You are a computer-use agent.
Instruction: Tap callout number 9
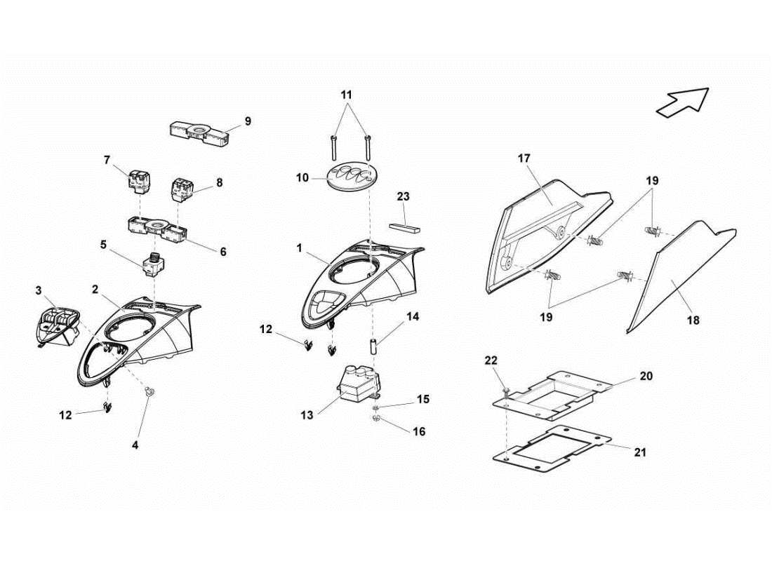click(x=247, y=121)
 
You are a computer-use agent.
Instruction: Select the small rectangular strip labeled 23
click(x=404, y=228)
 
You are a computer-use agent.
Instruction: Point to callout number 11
click(x=347, y=94)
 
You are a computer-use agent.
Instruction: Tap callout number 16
click(x=418, y=432)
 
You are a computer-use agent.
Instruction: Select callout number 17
click(x=524, y=158)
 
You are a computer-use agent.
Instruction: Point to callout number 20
click(x=646, y=377)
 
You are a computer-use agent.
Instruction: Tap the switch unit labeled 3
click(x=55, y=327)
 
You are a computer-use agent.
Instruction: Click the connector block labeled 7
click(x=135, y=183)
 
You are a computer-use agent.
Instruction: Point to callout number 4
click(x=135, y=445)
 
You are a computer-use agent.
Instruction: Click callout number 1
click(x=299, y=248)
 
